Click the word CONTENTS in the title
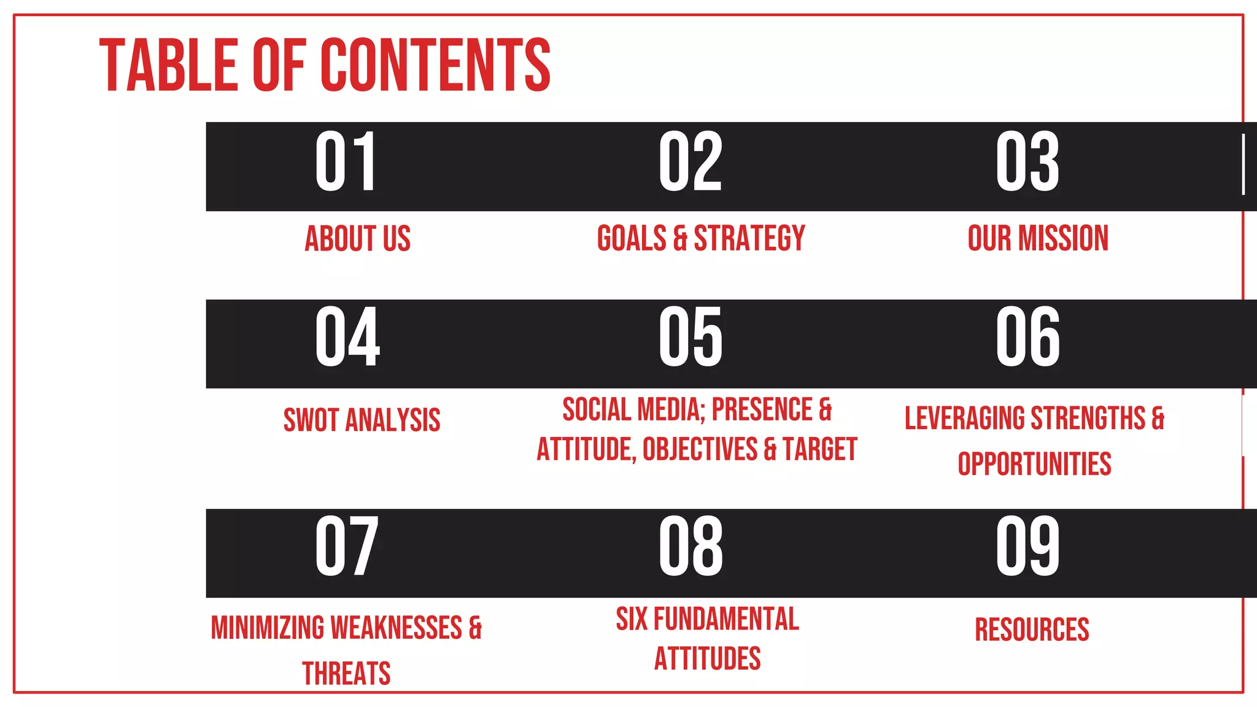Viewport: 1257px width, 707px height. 435,65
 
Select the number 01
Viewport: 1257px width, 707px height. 346,162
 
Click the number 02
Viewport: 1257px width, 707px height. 690,162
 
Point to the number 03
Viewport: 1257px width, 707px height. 1027,162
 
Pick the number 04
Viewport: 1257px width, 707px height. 347,337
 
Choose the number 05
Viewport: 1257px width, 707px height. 690,337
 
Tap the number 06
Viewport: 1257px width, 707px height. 1027,337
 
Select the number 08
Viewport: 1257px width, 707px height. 690,546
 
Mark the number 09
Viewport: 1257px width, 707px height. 1027,546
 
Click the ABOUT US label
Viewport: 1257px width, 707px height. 357,239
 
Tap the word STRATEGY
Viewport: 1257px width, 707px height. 749,239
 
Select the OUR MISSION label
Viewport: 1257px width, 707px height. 1038,239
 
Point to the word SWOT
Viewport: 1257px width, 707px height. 311,420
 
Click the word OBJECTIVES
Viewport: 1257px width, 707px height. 700,449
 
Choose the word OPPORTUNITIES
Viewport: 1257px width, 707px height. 1034,464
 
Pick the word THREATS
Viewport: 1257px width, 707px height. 346,673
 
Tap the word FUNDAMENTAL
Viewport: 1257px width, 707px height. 726,619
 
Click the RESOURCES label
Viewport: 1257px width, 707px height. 1032,630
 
